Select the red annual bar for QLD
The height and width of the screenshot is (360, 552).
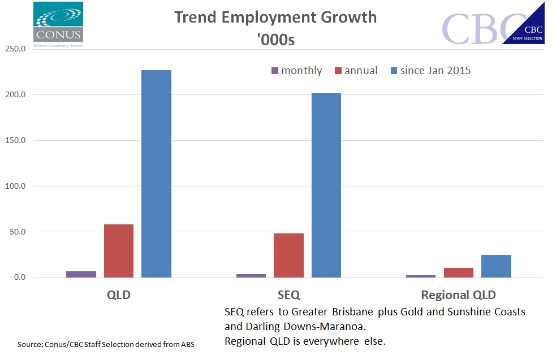pos(119,251)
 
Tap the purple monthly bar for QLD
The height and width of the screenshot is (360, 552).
pos(81,274)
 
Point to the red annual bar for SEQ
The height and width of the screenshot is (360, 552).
pos(288,255)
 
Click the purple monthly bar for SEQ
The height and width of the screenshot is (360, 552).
pos(251,276)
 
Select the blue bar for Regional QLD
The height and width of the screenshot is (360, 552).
pos(496,266)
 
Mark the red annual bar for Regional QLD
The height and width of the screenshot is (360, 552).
pos(458,272)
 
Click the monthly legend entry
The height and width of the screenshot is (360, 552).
pos(297,71)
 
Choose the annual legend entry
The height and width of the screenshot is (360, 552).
pos(356,71)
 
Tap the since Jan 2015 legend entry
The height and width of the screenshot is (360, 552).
pos(430,71)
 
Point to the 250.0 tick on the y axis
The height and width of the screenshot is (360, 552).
pos(15,49)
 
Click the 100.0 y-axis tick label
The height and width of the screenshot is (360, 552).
pos(15,186)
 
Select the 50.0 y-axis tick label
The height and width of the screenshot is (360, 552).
pos(17,232)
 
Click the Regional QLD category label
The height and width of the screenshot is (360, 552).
pos(458,295)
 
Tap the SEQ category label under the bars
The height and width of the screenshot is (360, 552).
pos(288,295)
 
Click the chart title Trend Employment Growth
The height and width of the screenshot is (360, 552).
pos(275,17)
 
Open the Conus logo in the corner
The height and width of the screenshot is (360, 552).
pos(58,24)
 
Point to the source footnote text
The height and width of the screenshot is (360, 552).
pos(106,344)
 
